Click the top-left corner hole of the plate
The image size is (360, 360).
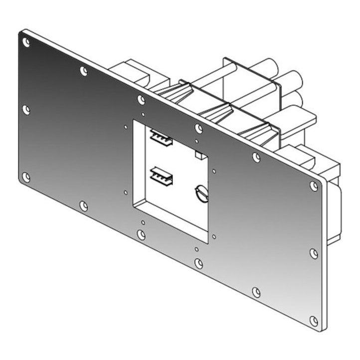[26, 42]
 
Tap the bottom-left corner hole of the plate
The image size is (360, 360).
[26, 177]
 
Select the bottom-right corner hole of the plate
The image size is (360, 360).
[314, 321]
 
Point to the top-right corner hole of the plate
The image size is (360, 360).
[314, 186]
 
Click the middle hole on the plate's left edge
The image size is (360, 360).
[26, 110]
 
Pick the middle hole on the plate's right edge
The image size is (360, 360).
[314, 253]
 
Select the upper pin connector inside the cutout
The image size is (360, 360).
[161, 137]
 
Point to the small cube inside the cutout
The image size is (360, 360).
[199, 156]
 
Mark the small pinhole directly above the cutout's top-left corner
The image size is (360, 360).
[144, 114]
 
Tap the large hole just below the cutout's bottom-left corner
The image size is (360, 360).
[142, 234]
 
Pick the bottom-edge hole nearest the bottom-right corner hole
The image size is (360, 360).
[256, 292]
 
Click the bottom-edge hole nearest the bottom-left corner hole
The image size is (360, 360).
[84, 205]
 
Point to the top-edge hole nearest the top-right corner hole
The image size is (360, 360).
[256, 158]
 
